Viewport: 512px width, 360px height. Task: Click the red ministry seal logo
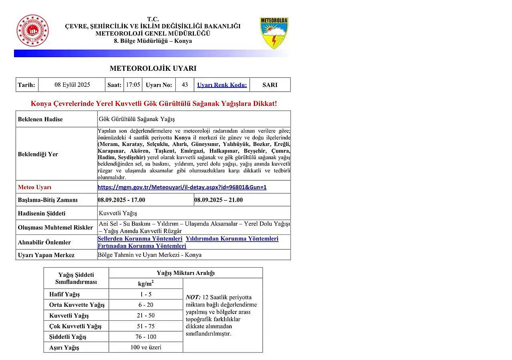click(x=32, y=30)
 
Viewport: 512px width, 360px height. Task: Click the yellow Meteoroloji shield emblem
click(x=274, y=33)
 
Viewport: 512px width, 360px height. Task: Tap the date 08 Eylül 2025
click(x=72, y=85)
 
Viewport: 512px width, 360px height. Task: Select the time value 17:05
click(x=133, y=85)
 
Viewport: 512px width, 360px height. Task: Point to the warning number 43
click(x=185, y=85)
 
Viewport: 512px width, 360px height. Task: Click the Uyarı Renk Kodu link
click(x=222, y=85)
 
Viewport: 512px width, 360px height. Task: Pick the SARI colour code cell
click(x=270, y=85)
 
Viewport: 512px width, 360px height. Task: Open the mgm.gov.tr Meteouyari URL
click(x=182, y=187)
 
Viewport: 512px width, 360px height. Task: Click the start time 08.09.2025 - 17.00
click(x=122, y=200)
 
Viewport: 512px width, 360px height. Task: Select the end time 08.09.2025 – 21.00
click(x=218, y=200)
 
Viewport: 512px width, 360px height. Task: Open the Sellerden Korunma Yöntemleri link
click(x=140, y=239)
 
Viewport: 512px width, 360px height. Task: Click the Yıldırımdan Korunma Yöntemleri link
click(x=232, y=239)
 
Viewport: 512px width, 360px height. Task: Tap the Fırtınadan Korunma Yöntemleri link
click(x=142, y=246)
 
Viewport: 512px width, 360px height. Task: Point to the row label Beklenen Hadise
click(x=40, y=119)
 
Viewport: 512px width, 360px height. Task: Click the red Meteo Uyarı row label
click(x=35, y=187)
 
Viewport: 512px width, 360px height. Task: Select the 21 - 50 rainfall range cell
click(x=146, y=316)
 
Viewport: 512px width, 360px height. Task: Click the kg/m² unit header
click(x=146, y=284)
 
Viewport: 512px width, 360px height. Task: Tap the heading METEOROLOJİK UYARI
click(x=153, y=68)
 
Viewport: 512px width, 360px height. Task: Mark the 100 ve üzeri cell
click(x=146, y=347)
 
